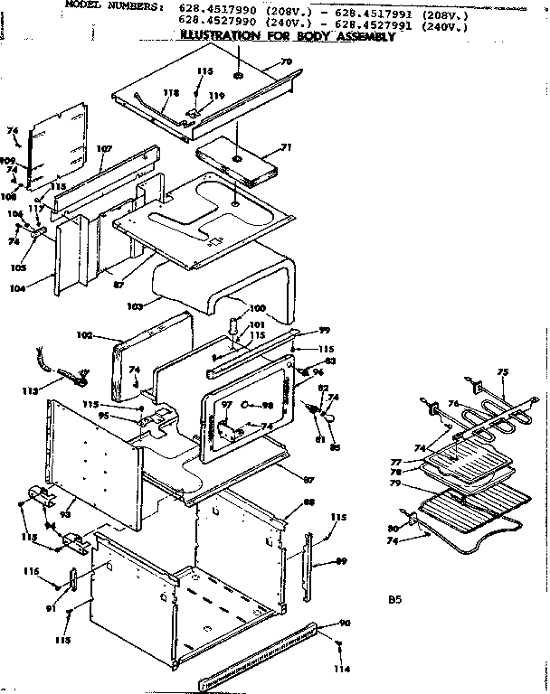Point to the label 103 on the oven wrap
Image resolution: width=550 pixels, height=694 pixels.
tap(136, 307)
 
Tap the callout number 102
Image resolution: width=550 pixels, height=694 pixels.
tap(85, 335)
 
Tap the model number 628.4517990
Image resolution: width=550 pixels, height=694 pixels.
tap(213, 8)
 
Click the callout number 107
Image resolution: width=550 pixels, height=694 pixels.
tap(103, 148)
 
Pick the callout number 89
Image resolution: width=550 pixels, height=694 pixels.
tap(341, 561)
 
